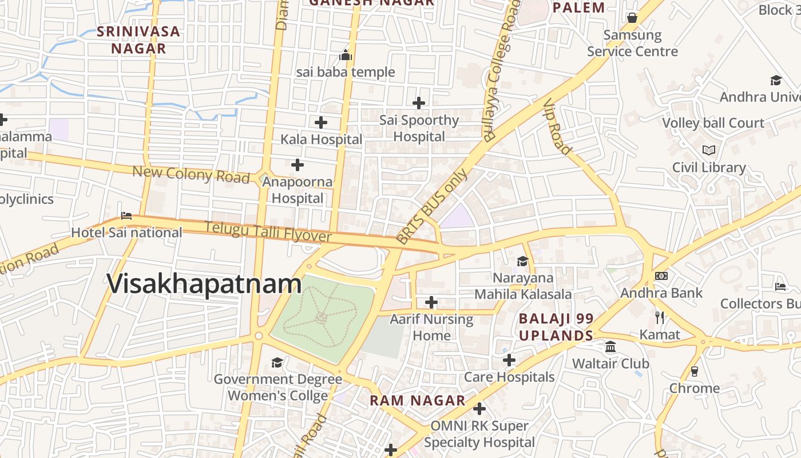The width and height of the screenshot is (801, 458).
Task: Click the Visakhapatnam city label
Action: click(x=204, y=284)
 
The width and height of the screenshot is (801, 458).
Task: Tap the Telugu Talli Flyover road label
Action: click(x=268, y=232)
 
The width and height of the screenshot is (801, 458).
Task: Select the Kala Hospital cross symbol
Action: click(x=321, y=122)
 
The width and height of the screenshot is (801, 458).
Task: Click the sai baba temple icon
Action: click(x=346, y=56)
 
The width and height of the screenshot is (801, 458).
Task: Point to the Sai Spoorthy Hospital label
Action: click(x=419, y=128)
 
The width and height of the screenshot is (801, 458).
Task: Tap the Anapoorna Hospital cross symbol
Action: click(x=298, y=165)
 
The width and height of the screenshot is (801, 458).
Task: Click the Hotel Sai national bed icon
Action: click(x=126, y=216)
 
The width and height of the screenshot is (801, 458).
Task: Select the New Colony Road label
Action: click(x=191, y=174)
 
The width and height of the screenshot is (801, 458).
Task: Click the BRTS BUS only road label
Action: click(x=431, y=206)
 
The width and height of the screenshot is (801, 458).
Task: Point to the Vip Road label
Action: click(x=557, y=127)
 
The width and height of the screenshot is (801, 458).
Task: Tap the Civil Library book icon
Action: click(x=709, y=150)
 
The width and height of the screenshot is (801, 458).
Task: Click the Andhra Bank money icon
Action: click(x=661, y=276)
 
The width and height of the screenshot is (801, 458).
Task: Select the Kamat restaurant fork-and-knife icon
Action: click(x=660, y=317)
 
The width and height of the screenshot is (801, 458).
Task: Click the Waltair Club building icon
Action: click(x=610, y=347)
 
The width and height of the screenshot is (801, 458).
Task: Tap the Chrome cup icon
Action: click(x=695, y=371)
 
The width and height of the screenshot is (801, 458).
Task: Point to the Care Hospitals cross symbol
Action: click(x=509, y=360)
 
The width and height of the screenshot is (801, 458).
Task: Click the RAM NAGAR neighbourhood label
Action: click(x=418, y=400)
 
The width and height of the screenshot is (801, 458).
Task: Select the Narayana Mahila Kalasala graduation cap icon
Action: click(x=522, y=261)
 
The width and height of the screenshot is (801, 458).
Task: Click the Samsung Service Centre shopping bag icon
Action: click(x=632, y=18)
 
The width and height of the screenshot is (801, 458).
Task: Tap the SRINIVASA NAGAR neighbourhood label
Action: click(x=138, y=40)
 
